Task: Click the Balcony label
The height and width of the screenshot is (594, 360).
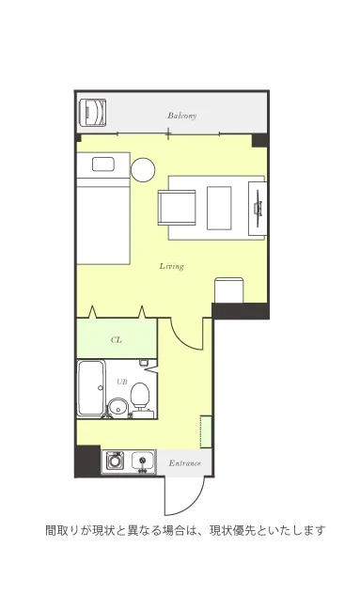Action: coord(182,116)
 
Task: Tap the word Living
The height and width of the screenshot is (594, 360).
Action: coord(172,266)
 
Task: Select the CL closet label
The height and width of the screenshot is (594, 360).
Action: coord(117,340)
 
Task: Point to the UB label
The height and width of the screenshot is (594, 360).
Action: coord(121,382)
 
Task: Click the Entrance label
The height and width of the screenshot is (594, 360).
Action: coord(184,463)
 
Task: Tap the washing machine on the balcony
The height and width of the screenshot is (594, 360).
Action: coord(93,113)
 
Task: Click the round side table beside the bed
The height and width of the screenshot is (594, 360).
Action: coord(143,169)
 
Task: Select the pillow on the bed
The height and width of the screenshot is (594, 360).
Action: coord(103,164)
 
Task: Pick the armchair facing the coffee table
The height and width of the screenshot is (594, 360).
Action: coord(177,208)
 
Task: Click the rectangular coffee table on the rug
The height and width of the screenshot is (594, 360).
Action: coord(219,208)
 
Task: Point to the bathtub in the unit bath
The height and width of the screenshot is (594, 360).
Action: coord(91,388)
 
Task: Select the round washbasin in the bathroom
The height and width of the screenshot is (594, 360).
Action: coord(117,408)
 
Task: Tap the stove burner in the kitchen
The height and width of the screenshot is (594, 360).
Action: coord(115,461)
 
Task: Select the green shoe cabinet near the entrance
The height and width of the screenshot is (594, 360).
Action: coord(206,431)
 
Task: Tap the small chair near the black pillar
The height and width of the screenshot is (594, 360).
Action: coord(229,290)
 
